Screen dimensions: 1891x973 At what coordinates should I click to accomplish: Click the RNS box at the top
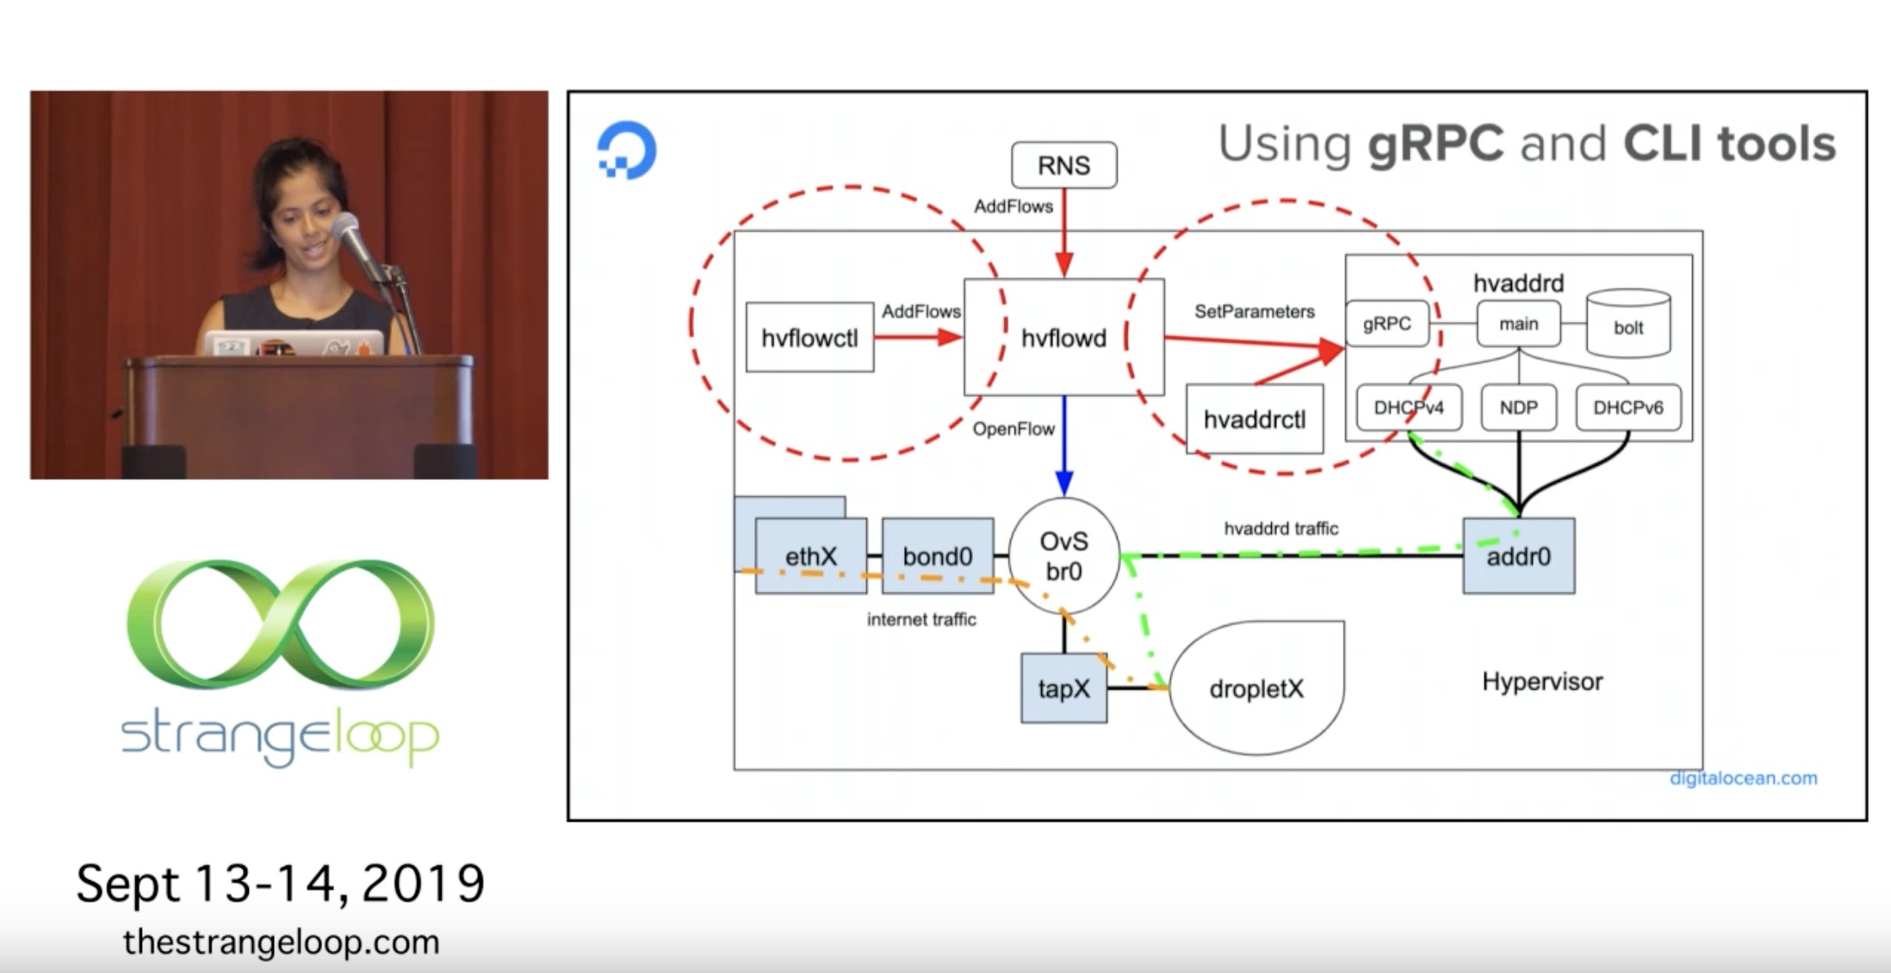point(1063,164)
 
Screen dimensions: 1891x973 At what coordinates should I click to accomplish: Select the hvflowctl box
point(809,338)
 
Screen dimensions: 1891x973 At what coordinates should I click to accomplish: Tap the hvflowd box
point(1063,337)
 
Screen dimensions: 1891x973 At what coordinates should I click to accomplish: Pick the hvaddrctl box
point(1255,418)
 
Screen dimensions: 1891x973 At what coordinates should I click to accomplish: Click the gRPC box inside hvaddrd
point(1386,324)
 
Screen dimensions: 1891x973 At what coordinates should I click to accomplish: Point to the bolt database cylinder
point(1628,324)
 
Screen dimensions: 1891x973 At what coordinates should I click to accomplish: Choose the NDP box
point(1518,407)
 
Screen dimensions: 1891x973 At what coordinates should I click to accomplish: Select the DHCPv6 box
point(1627,407)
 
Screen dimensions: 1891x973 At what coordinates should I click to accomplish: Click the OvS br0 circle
point(1063,556)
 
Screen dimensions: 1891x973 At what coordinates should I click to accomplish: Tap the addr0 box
point(1519,556)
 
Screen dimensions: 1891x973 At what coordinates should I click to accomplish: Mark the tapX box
point(1063,688)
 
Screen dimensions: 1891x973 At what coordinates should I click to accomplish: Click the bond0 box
point(938,556)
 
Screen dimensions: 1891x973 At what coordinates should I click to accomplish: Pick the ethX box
point(811,556)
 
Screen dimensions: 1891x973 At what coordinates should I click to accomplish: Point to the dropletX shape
point(1256,688)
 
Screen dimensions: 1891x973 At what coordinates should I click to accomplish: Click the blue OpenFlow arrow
point(1064,446)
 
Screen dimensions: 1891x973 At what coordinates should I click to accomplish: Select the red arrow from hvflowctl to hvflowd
point(919,338)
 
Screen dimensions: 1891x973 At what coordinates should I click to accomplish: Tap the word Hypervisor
point(1542,682)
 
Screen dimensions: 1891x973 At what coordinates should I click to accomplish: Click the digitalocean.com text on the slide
point(1743,778)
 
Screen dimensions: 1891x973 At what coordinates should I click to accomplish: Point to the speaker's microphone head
point(346,227)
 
